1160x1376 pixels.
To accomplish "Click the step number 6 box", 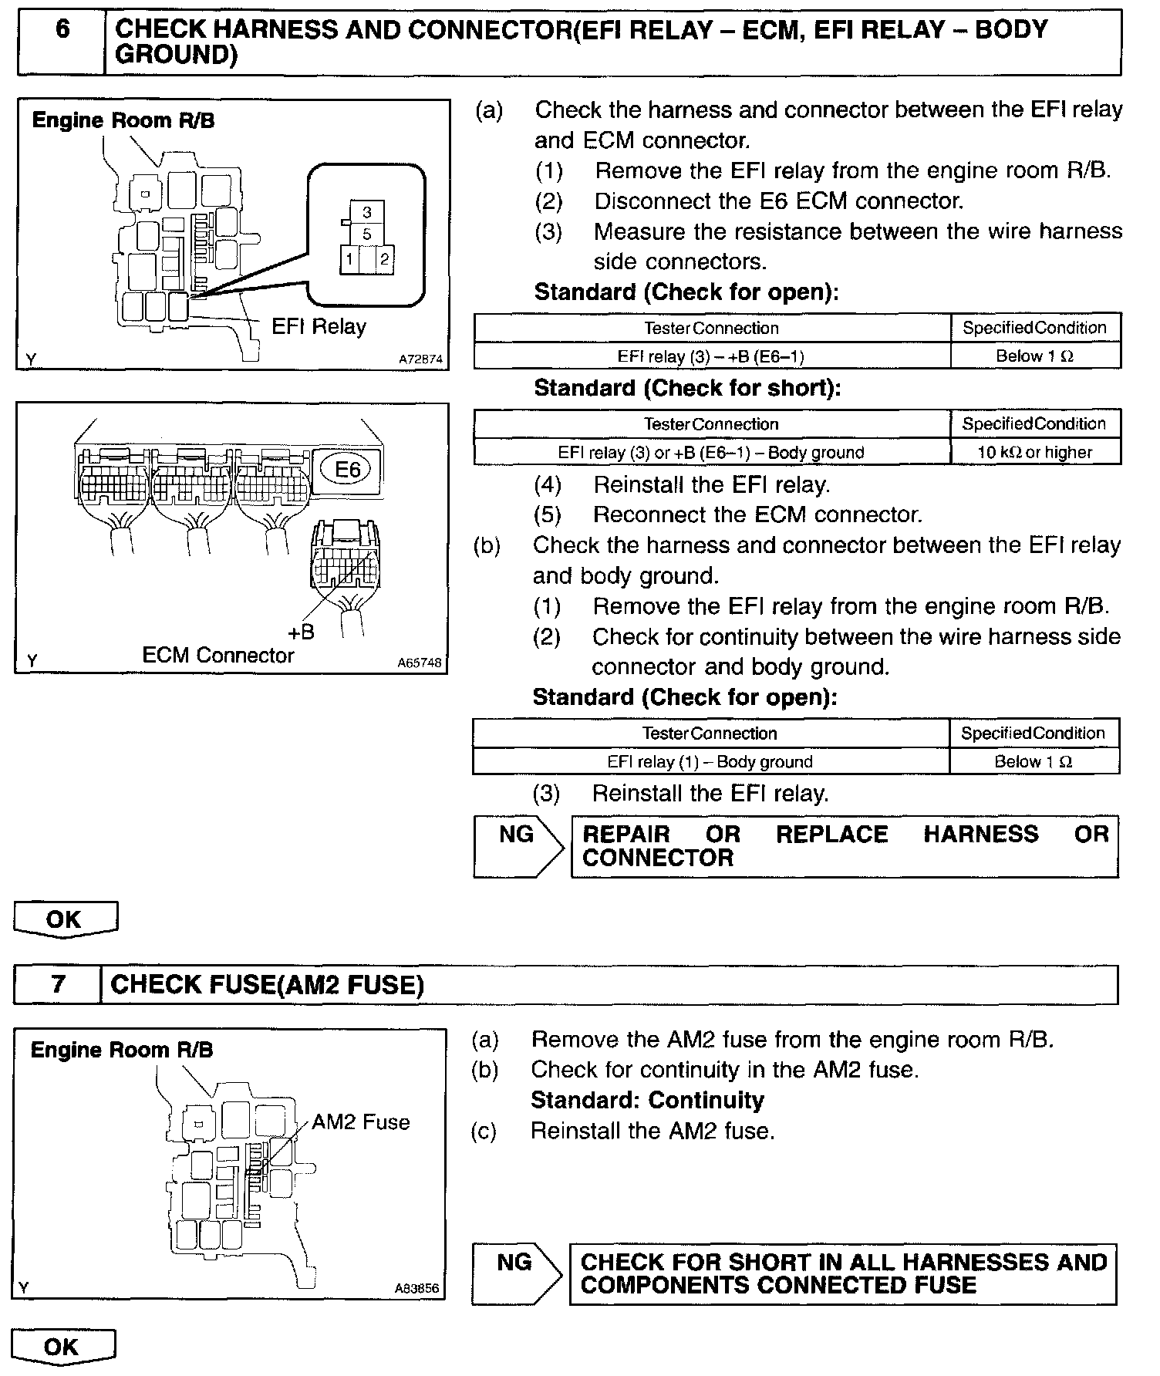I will [62, 42].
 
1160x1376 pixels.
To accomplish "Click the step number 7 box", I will [58, 985].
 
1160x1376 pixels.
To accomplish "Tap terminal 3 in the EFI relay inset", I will [367, 212].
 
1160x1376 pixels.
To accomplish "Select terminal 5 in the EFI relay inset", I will [367, 234].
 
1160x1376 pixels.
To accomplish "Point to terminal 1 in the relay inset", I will [349, 260].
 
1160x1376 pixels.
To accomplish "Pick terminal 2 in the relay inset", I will [384, 260].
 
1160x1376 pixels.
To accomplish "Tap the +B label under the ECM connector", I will [301, 632].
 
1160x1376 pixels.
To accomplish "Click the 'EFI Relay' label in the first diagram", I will [319, 326].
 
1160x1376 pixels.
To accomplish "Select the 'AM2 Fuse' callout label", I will [360, 1122].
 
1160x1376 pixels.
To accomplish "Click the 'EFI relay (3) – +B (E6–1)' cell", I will [711, 356].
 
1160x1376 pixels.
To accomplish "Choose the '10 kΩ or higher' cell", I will [1035, 453].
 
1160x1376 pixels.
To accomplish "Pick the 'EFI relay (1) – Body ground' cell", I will [710, 762].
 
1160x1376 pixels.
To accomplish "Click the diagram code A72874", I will [421, 359].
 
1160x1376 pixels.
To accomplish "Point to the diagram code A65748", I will [420, 663].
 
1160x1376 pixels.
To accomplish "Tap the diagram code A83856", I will [417, 1288].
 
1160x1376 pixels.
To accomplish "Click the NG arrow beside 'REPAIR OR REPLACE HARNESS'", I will [518, 846].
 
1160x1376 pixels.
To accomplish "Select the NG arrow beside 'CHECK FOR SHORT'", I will [516, 1274].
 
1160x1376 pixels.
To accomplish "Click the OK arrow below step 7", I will [63, 1347].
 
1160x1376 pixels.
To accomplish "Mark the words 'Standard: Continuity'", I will [647, 1101].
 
